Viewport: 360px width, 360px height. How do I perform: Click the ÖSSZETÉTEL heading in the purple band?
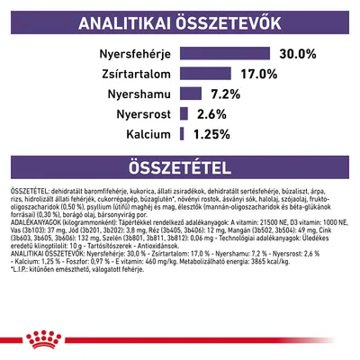click(x=180, y=168)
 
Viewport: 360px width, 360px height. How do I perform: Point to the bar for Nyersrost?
click(x=184, y=113)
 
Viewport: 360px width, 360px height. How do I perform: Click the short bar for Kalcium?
click(x=182, y=134)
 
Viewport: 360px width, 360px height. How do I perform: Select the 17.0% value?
click(x=256, y=73)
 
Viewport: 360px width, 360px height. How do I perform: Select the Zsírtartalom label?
click(x=130, y=73)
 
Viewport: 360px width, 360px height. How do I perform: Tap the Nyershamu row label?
click(x=135, y=93)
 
